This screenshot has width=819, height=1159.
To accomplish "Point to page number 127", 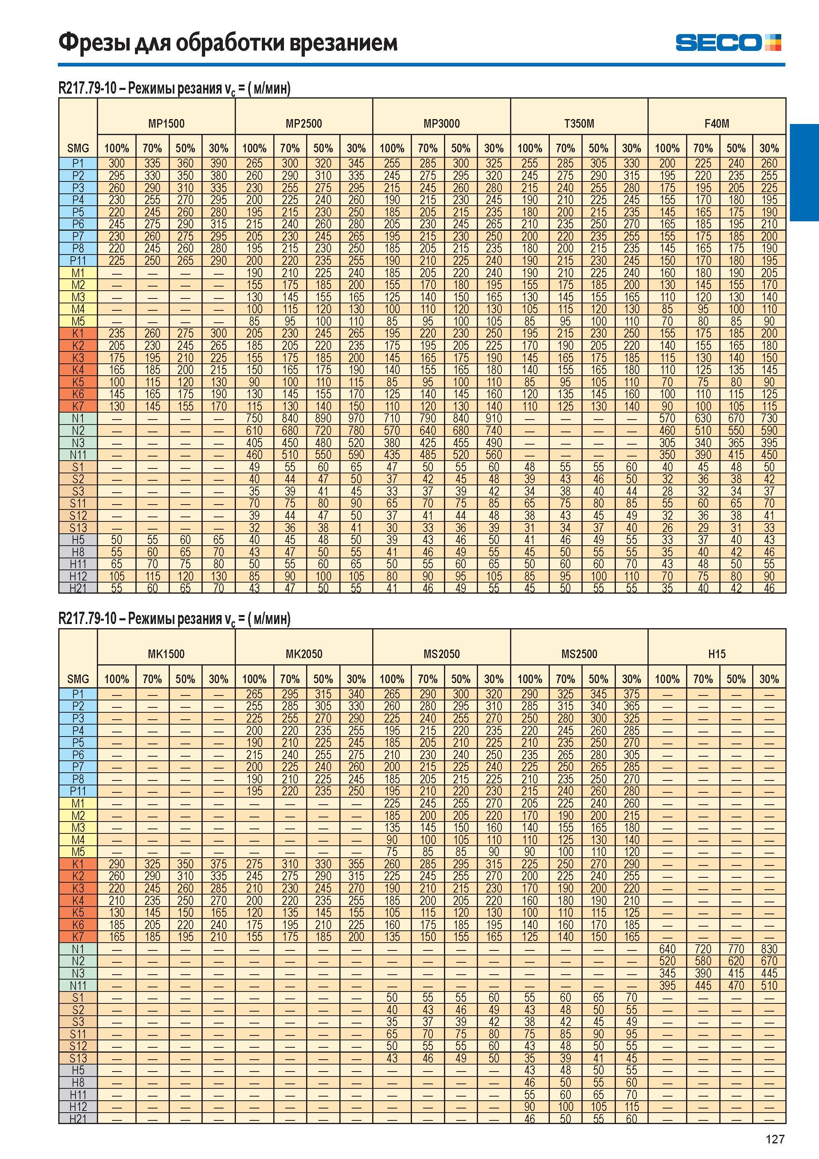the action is [775, 1139].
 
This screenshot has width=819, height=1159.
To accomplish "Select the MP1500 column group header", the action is [166, 124].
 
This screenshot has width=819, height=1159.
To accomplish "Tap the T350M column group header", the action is [579, 124].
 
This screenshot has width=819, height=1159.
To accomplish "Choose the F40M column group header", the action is [716, 124].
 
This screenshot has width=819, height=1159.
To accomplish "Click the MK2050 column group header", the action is [304, 654].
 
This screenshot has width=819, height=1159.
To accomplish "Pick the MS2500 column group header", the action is [579, 654].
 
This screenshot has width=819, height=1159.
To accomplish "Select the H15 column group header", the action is [716, 654].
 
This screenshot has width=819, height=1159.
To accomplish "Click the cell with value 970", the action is [356, 418].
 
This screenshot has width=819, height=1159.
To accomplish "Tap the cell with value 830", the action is [769, 949].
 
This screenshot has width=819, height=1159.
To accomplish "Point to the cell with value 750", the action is [254, 418].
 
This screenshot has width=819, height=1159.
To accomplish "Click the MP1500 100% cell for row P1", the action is [116, 163].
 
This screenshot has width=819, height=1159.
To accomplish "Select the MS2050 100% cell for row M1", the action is [391, 803].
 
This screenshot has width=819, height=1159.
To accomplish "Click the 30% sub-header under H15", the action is [769, 679].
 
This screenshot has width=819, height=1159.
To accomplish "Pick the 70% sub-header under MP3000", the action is [428, 148].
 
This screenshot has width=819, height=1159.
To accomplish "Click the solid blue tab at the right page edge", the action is [804, 172].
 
